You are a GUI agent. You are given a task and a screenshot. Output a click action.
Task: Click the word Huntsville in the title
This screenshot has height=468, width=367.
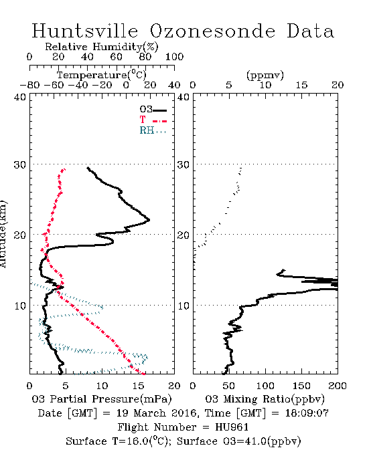85,31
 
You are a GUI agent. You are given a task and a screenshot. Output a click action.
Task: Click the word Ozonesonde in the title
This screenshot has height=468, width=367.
212,31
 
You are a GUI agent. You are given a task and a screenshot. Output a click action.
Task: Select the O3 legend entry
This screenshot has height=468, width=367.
153,110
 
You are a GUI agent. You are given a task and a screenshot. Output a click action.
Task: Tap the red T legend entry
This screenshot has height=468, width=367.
153,120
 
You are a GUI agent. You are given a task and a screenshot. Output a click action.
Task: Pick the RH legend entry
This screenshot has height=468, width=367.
153,130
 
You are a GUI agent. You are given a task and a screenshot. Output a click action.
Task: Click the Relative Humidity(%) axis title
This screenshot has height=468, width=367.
102,47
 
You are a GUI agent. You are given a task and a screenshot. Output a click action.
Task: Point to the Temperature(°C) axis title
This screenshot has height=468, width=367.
102,75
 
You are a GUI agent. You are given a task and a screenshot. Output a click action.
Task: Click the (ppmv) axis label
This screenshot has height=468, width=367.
265,75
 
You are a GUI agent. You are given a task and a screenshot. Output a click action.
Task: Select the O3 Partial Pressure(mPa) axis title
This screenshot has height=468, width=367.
102,399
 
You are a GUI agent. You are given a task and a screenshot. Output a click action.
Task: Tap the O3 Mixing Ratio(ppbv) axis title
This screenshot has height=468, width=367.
265,399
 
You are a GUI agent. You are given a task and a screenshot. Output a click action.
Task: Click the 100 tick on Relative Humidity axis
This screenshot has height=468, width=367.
174,57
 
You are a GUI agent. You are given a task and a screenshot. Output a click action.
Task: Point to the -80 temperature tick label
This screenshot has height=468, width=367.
29,86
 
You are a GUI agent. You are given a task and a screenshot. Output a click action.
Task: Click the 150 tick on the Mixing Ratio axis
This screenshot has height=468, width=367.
301,386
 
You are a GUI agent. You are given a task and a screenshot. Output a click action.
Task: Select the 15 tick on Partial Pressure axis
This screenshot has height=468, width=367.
138,386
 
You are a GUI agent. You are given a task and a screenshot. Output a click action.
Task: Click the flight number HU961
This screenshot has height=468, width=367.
232,427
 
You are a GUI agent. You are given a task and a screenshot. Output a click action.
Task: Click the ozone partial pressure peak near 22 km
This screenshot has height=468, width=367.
149,220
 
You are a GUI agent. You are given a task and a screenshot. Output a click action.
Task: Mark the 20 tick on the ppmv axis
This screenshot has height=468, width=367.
338,86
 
